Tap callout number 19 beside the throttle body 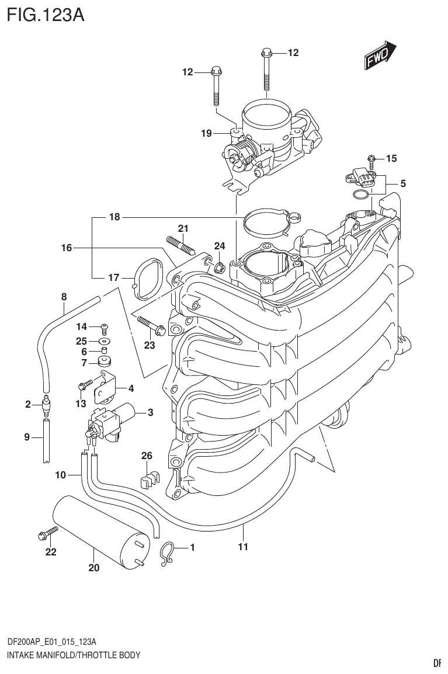point(206,134)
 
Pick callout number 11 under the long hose point(243,547)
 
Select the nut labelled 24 point(220,268)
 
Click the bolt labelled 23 point(151,324)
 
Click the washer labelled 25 point(104,341)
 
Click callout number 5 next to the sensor point(403,183)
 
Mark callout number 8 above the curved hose point(64,297)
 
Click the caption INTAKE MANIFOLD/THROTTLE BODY point(74,655)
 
